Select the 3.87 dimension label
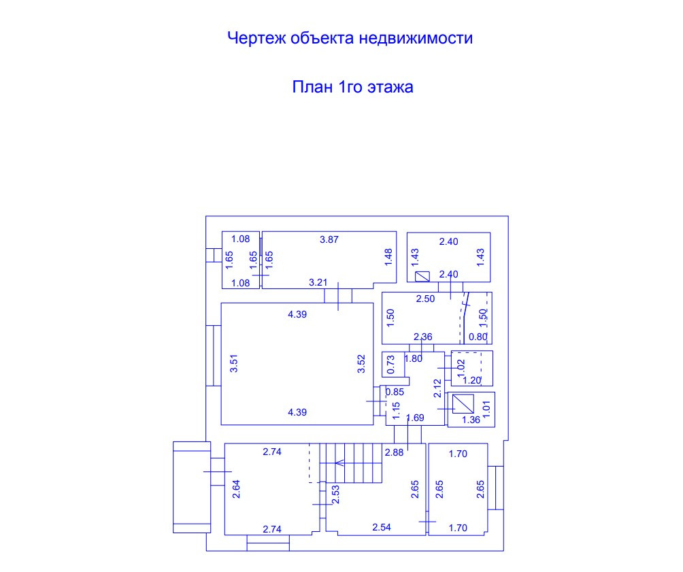click(329, 239)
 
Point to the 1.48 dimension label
click(388, 256)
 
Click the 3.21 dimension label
click(318, 282)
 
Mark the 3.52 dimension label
click(362, 364)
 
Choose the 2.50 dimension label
click(427, 299)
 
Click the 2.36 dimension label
click(423, 337)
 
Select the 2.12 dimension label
click(438, 388)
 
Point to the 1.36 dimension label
click(471, 420)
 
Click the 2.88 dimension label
click(394, 452)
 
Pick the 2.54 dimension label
click(381, 526)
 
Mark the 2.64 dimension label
click(236, 490)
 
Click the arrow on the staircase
click(338, 464)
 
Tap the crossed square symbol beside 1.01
click(464, 403)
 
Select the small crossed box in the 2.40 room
click(422, 276)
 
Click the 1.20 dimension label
click(473, 381)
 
